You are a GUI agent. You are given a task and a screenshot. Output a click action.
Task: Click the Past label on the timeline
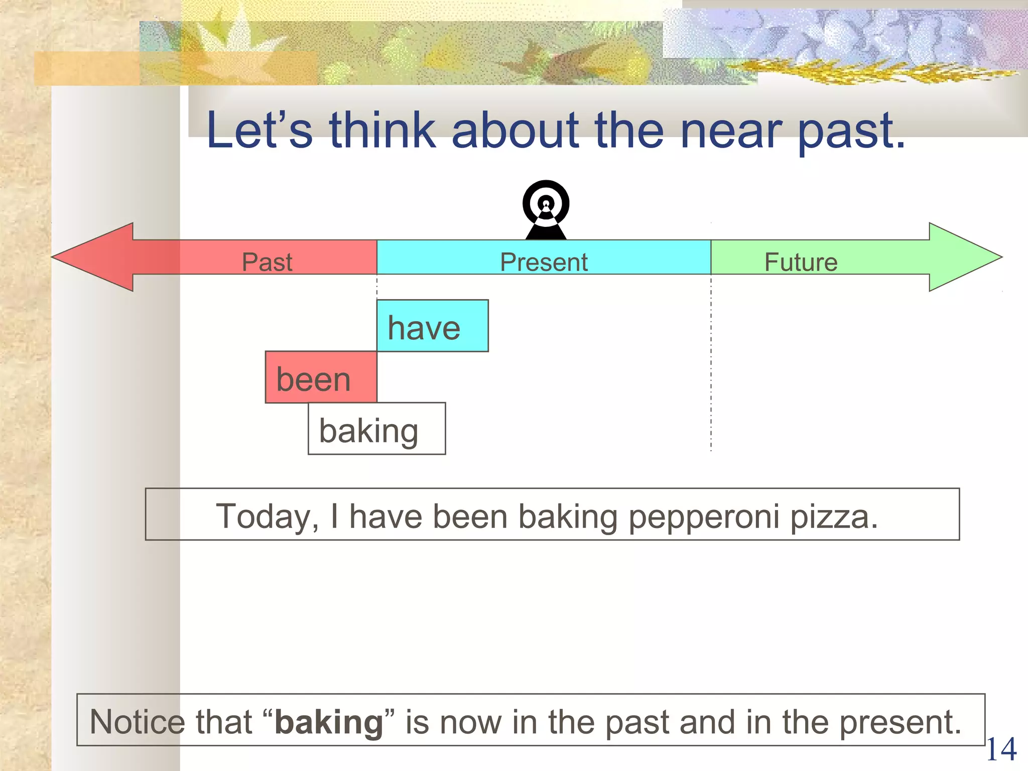coord(267,262)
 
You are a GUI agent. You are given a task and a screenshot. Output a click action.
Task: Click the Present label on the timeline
coord(544,262)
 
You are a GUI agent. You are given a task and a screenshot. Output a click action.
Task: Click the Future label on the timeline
coord(801,262)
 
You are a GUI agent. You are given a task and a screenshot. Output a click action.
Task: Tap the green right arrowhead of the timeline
coord(961,257)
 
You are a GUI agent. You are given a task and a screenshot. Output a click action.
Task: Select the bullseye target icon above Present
coord(546,208)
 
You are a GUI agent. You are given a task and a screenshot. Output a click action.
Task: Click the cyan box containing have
coord(432,326)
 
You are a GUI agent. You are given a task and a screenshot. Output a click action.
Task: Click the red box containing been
coord(321,377)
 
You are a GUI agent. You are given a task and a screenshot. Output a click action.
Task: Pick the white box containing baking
coord(376,429)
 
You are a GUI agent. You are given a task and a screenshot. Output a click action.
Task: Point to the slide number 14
coord(1001,749)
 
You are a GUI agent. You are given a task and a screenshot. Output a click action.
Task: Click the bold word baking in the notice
coord(329,722)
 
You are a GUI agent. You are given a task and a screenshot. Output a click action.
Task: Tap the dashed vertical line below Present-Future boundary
coord(711,371)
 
